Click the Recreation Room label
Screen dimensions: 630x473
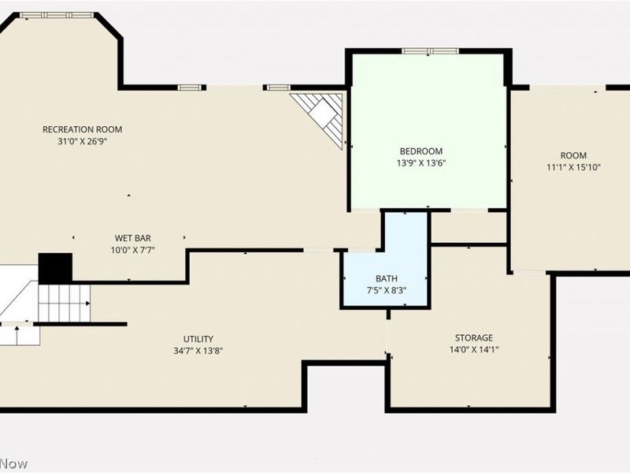click(x=83, y=129)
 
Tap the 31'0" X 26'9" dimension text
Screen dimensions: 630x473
click(x=83, y=142)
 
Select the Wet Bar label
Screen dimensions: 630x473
click(x=132, y=238)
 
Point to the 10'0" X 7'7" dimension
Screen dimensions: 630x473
click(x=132, y=250)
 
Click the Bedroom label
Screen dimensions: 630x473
click(x=421, y=151)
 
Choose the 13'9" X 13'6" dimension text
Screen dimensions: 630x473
click(x=421, y=163)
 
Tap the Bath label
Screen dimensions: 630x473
click(x=387, y=278)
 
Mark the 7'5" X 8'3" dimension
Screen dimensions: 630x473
click(x=387, y=290)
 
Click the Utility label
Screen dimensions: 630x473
click(x=198, y=339)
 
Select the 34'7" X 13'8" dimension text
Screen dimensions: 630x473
click(x=198, y=351)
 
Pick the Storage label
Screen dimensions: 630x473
click(x=474, y=338)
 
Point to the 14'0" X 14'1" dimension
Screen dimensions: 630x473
click(x=474, y=350)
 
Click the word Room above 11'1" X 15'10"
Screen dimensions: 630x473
click(x=573, y=155)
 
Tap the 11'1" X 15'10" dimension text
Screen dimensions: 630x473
click(x=573, y=167)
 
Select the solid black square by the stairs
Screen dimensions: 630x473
click(x=55, y=268)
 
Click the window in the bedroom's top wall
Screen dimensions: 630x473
click(x=430, y=51)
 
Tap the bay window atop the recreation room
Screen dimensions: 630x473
click(x=57, y=15)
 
